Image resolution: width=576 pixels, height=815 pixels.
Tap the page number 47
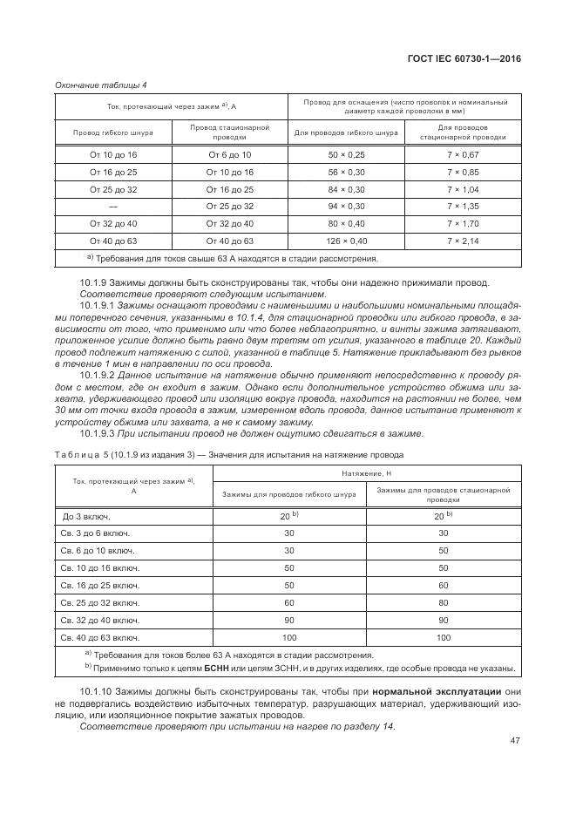(x=514, y=741)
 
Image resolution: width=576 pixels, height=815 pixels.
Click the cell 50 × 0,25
(x=346, y=153)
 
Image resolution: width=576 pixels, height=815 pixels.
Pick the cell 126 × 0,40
(x=346, y=241)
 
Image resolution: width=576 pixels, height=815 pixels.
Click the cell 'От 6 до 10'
(x=229, y=153)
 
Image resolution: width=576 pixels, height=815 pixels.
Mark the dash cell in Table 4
(x=113, y=206)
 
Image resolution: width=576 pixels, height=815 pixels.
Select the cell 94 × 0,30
(x=346, y=206)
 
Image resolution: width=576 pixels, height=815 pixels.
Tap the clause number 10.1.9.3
(x=96, y=433)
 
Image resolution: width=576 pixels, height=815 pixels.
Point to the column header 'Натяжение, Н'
(x=366, y=472)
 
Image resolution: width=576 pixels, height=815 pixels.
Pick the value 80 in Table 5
(x=444, y=602)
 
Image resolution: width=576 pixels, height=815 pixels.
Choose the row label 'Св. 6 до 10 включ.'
(x=98, y=550)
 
